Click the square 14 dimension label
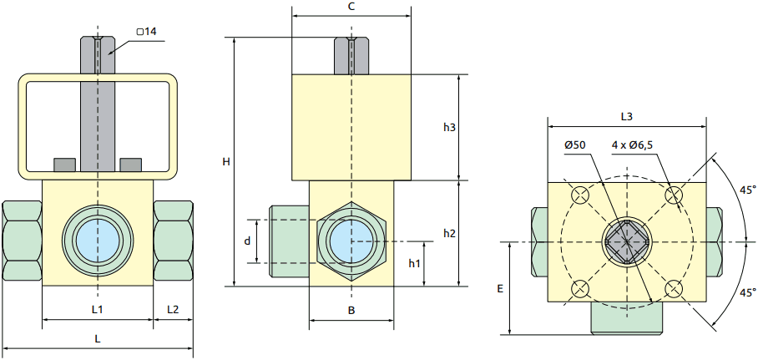[x=147, y=32]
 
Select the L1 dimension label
[x=97, y=309]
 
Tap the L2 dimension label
[x=173, y=309]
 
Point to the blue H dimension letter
[x=225, y=162]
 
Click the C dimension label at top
[x=351, y=7]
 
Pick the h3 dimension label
[x=449, y=127]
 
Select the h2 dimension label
[x=449, y=232]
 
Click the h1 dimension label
[x=414, y=263]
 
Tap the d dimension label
[x=248, y=241]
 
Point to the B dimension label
[x=351, y=311]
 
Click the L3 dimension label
[x=627, y=115]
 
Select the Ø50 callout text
[x=575, y=145]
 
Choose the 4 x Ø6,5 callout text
[x=632, y=145]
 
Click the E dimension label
[x=500, y=288]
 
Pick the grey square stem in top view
[x=627, y=242]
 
